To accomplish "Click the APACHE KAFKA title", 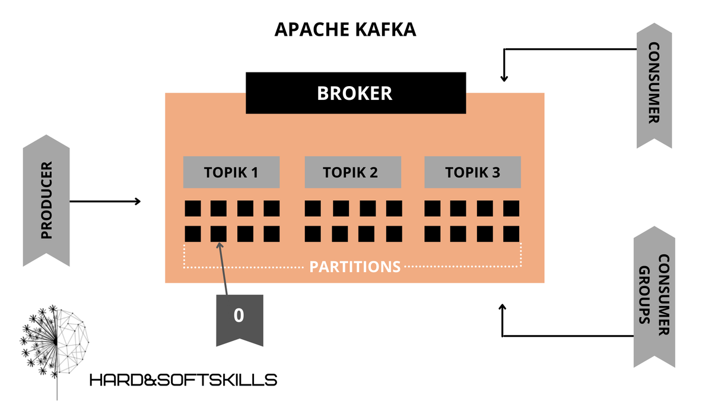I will pyautogui.click(x=345, y=30).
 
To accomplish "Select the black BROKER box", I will pyautogui.click(x=355, y=93).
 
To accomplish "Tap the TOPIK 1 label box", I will pyautogui.click(x=231, y=172).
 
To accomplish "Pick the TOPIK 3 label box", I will pyautogui.click(x=472, y=172).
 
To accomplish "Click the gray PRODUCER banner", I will pyautogui.click(x=46, y=200).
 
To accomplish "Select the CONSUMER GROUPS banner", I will pyautogui.click(x=654, y=297).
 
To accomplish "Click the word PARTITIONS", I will pyautogui.click(x=355, y=266).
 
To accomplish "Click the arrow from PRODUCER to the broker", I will pyautogui.click(x=105, y=201).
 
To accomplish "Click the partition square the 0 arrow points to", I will pyautogui.click(x=218, y=233).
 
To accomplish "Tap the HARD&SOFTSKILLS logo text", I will pyautogui.click(x=183, y=380).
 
